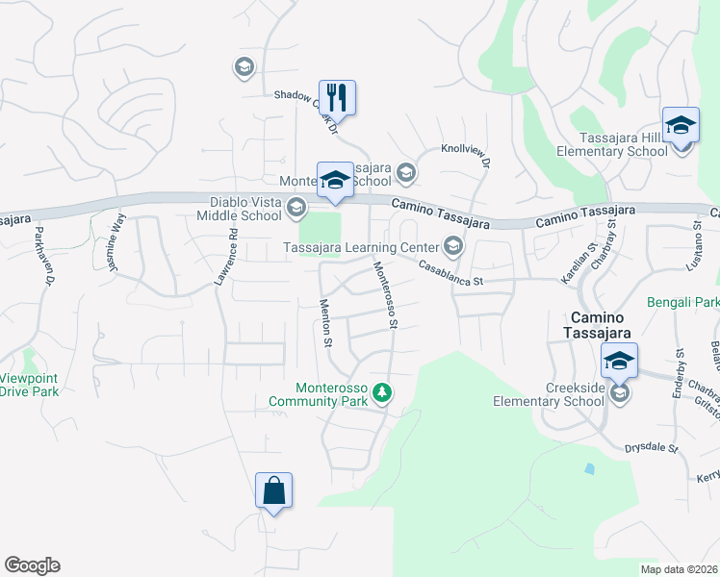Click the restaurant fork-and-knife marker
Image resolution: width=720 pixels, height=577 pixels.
(337, 97)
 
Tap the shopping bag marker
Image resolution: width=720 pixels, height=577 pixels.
(273, 490)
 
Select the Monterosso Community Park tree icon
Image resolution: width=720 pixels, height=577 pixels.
(383, 392)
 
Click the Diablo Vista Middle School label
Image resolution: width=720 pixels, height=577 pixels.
(246, 209)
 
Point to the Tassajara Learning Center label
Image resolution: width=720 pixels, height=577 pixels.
(362, 247)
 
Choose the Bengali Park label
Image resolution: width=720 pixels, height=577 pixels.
(685, 303)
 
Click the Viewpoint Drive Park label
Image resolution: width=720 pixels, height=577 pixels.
(29, 385)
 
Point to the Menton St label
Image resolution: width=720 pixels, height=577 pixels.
(325, 323)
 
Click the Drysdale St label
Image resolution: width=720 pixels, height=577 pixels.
(653, 448)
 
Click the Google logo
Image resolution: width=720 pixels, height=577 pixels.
(32, 565)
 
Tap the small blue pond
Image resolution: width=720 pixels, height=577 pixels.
(589, 469)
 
